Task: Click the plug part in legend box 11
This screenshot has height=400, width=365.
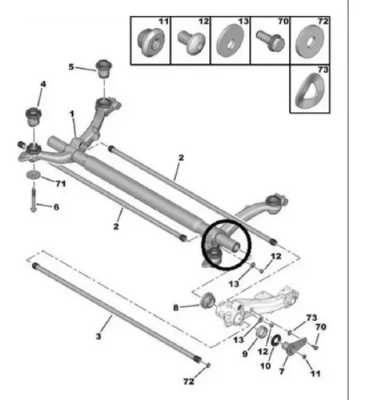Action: (x=150, y=42)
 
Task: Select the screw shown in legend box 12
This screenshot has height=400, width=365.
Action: (x=191, y=42)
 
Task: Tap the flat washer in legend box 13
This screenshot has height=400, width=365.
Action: (x=231, y=41)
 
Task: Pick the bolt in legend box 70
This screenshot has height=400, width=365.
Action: (x=271, y=41)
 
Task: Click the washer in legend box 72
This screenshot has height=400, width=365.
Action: (x=310, y=41)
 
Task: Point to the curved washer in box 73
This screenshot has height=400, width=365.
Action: (x=310, y=90)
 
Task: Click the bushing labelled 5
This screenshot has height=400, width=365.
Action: (x=103, y=69)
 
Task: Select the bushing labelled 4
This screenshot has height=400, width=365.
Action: (x=34, y=118)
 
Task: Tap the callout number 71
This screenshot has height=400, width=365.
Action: (x=61, y=183)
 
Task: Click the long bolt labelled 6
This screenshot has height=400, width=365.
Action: (x=34, y=200)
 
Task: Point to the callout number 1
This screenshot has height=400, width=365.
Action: (x=72, y=114)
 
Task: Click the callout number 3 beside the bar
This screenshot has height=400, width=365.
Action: (x=98, y=336)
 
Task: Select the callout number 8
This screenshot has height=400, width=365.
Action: (x=175, y=308)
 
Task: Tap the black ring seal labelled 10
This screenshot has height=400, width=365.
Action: (x=276, y=340)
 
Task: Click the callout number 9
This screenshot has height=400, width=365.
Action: (x=245, y=354)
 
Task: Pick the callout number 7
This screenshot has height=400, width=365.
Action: (x=282, y=371)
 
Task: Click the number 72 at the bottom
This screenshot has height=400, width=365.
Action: (x=189, y=382)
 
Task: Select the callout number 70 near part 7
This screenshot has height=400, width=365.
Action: (x=321, y=326)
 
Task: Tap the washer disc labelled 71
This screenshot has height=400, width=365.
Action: (x=34, y=175)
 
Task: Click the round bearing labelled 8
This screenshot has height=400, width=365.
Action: (x=207, y=301)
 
